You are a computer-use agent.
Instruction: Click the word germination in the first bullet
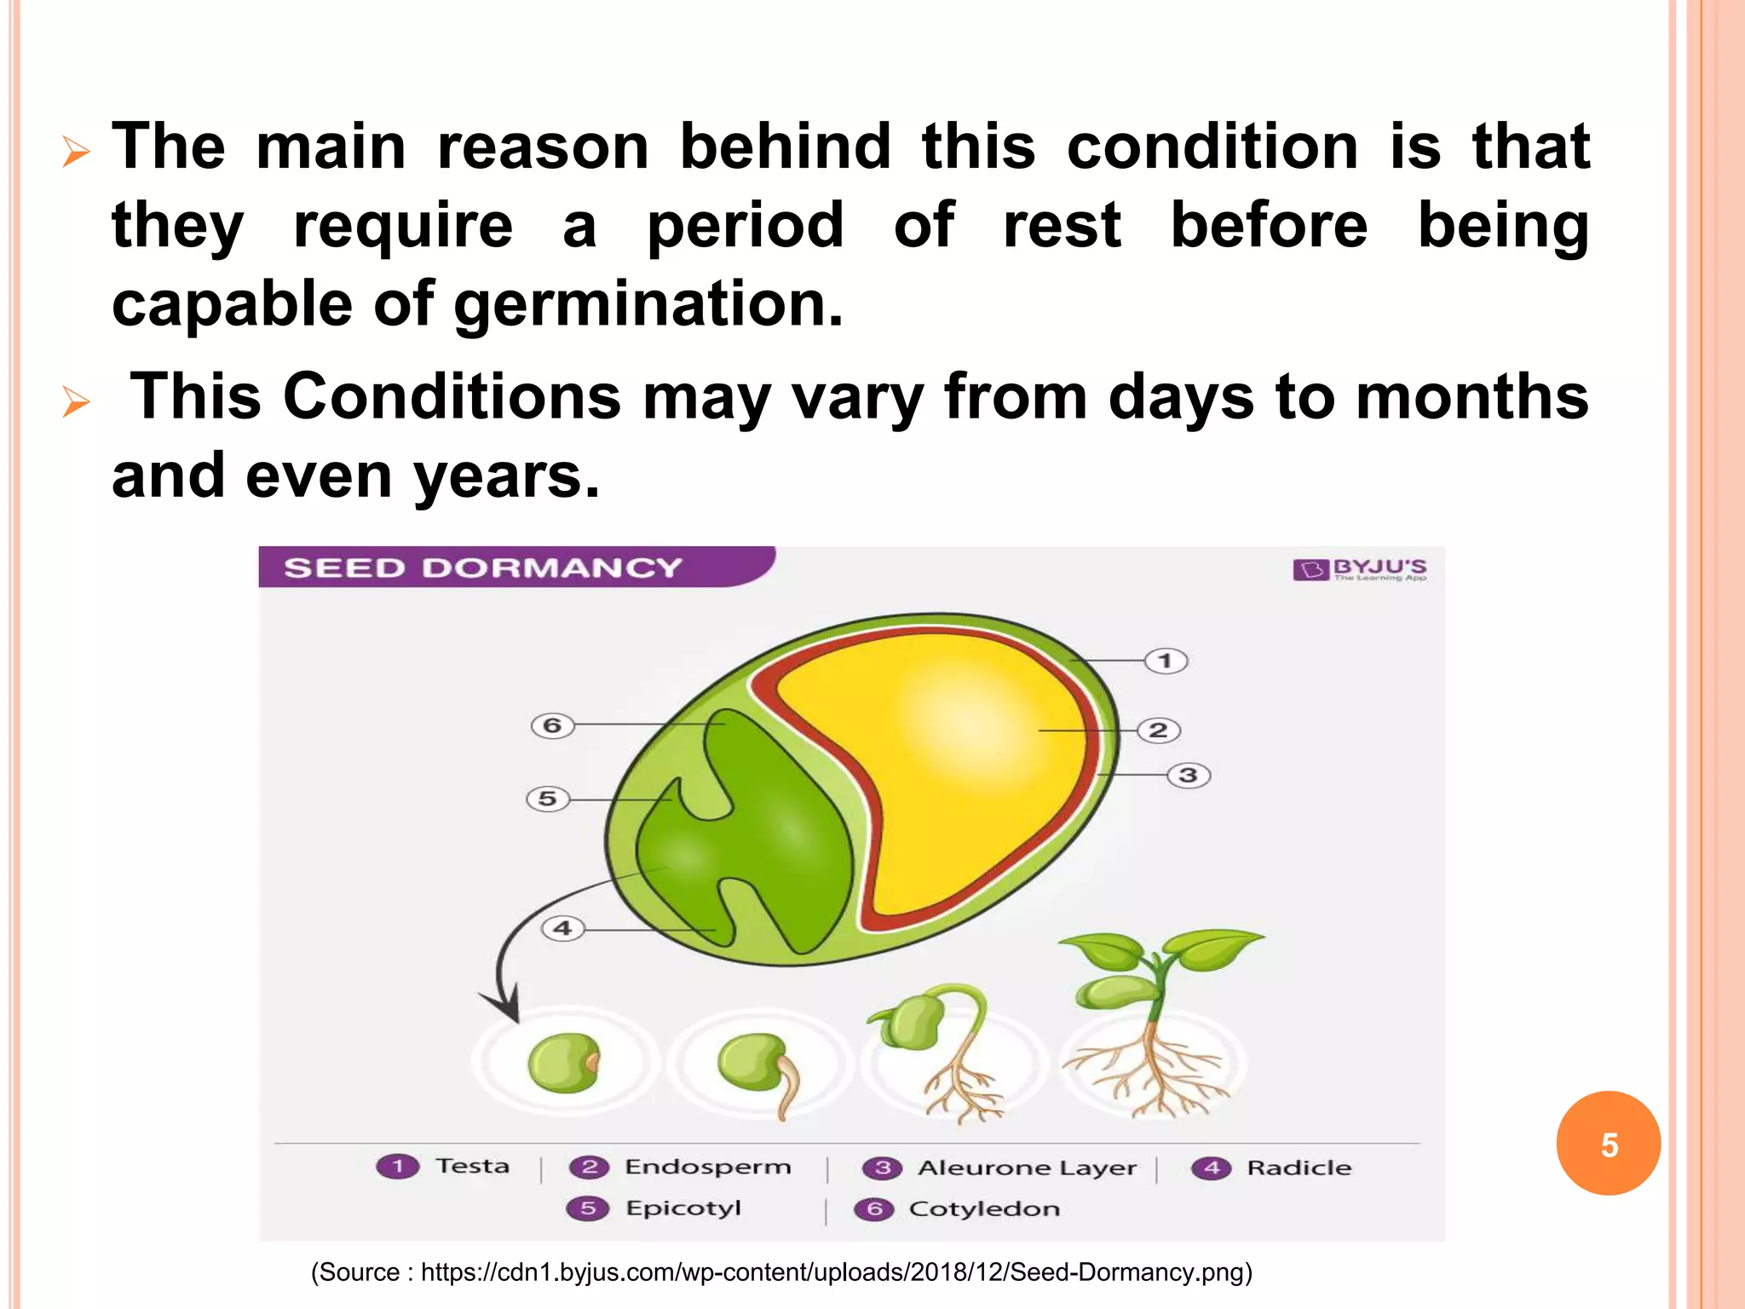click(x=647, y=304)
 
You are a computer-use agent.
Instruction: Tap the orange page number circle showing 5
click(x=1608, y=1144)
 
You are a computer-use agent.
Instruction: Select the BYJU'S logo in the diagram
click(x=1360, y=569)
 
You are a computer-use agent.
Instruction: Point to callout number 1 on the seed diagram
click(x=1165, y=660)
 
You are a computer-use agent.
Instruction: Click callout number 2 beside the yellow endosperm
click(x=1158, y=730)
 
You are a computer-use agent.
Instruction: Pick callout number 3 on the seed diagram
click(x=1188, y=776)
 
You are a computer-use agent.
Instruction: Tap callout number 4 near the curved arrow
click(x=562, y=928)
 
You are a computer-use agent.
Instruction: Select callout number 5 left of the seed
click(x=547, y=799)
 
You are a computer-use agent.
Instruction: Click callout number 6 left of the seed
click(x=552, y=725)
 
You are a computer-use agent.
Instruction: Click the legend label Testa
click(x=472, y=1166)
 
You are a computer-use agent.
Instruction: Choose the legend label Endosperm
click(x=707, y=1167)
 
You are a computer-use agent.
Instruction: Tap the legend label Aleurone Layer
click(x=1026, y=1168)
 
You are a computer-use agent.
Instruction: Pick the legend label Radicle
click(x=1299, y=1168)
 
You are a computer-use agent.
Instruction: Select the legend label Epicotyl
click(x=682, y=1208)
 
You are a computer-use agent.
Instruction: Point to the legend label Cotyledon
click(x=984, y=1209)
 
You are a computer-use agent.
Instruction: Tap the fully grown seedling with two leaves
click(x=1155, y=1023)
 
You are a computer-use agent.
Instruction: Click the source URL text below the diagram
click(x=781, y=1272)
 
